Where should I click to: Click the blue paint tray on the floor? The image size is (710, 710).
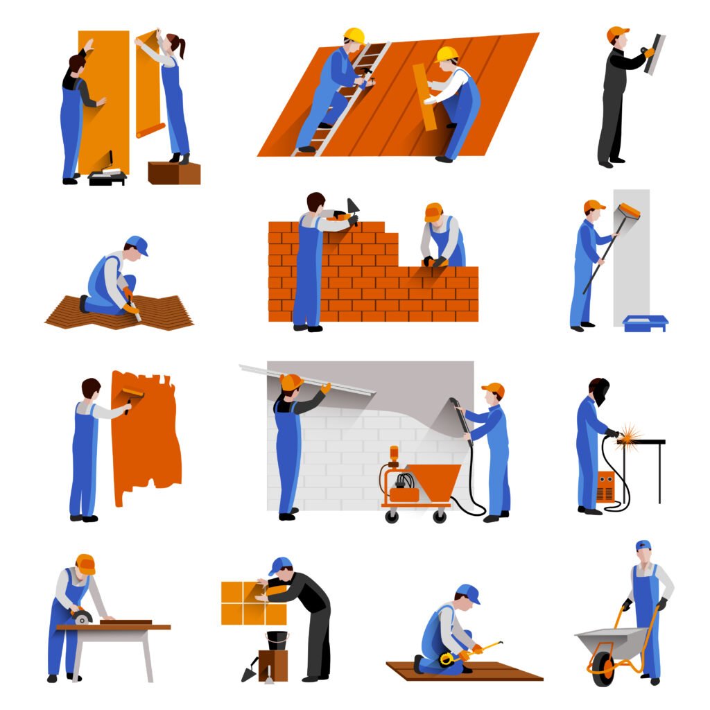coord(645,323)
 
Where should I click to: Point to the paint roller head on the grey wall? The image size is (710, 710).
coord(629,211)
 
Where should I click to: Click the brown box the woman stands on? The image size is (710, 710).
coord(173,173)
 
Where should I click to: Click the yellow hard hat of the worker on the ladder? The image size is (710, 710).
coord(354,35)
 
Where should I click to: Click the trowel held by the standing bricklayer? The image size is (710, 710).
coord(353,209)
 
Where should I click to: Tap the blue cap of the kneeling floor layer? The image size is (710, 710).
coord(137,244)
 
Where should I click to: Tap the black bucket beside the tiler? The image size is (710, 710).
coord(277,639)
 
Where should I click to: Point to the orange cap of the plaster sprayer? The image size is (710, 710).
coord(494,389)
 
